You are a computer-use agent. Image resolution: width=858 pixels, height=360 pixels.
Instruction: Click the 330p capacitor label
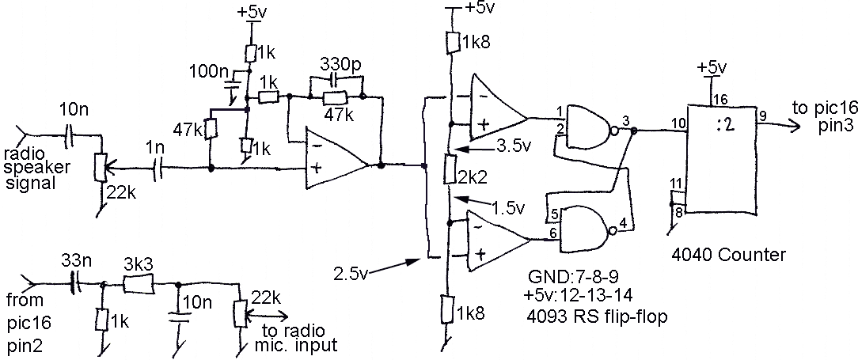click(340, 64)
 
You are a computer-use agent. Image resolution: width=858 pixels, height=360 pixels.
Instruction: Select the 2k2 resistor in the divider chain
click(450, 169)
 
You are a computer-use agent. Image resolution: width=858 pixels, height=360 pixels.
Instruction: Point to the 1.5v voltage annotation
click(508, 208)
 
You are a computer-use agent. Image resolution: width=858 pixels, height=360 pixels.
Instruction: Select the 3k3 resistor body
click(138, 285)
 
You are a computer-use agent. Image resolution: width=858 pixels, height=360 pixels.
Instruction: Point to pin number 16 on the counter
click(719, 98)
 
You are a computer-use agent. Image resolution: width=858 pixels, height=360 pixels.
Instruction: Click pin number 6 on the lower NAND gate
click(552, 233)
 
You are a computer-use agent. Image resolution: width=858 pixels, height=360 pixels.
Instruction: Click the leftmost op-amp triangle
click(336, 159)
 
